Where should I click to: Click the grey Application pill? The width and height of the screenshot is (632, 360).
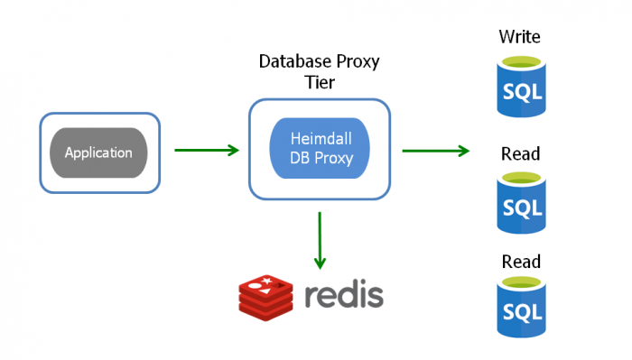[x=99, y=152]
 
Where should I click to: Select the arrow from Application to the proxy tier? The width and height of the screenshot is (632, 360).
[x=206, y=150]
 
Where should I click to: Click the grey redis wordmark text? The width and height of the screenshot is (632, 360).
[x=344, y=294]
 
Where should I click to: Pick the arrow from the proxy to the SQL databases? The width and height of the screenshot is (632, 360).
[x=435, y=150]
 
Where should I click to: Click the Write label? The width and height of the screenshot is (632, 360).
[x=520, y=38]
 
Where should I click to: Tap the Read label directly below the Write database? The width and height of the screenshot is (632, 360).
[x=520, y=154]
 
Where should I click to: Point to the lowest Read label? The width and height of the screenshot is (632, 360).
[x=520, y=261]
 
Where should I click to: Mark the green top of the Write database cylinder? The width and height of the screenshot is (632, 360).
[x=520, y=63]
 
